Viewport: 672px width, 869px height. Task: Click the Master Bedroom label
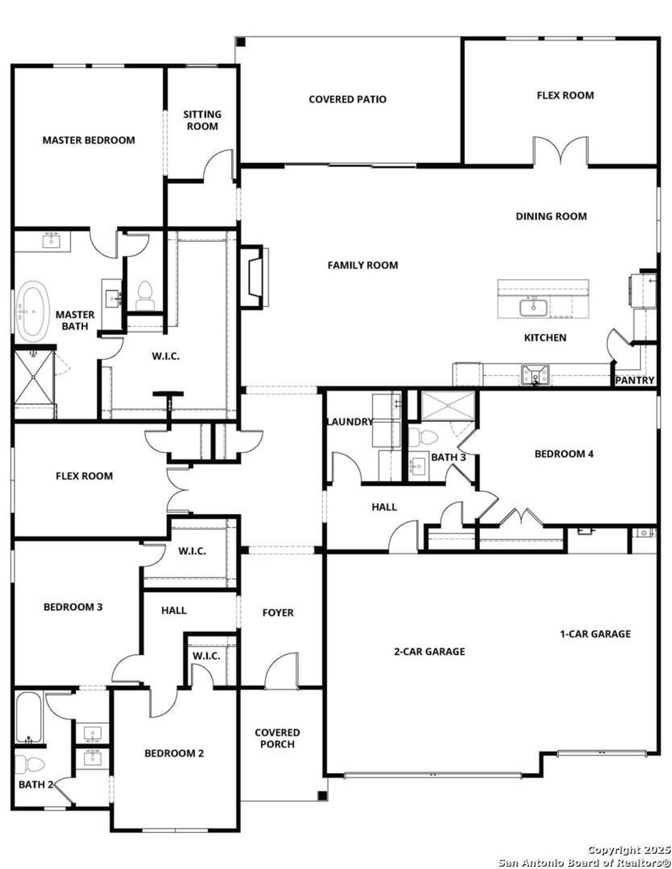tap(88, 140)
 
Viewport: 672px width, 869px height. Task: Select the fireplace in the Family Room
tap(255, 277)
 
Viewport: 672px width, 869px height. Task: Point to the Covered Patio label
tap(347, 99)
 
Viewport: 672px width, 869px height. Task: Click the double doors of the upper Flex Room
tap(560, 152)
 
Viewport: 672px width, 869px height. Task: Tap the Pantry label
tap(634, 380)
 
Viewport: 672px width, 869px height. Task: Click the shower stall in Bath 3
tap(448, 406)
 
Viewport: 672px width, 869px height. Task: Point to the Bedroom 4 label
tap(564, 453)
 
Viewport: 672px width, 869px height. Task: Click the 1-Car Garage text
tap(595, 633)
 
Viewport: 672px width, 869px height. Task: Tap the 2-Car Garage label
tap(429, 651)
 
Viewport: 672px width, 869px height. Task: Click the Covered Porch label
tap(277, 738)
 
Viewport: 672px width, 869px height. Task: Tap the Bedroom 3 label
tap(72, 607)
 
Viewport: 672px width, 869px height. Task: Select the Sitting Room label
tap(202, 120)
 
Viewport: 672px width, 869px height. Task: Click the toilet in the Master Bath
tap(144, 295)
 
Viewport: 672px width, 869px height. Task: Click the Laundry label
tap(349, 421)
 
